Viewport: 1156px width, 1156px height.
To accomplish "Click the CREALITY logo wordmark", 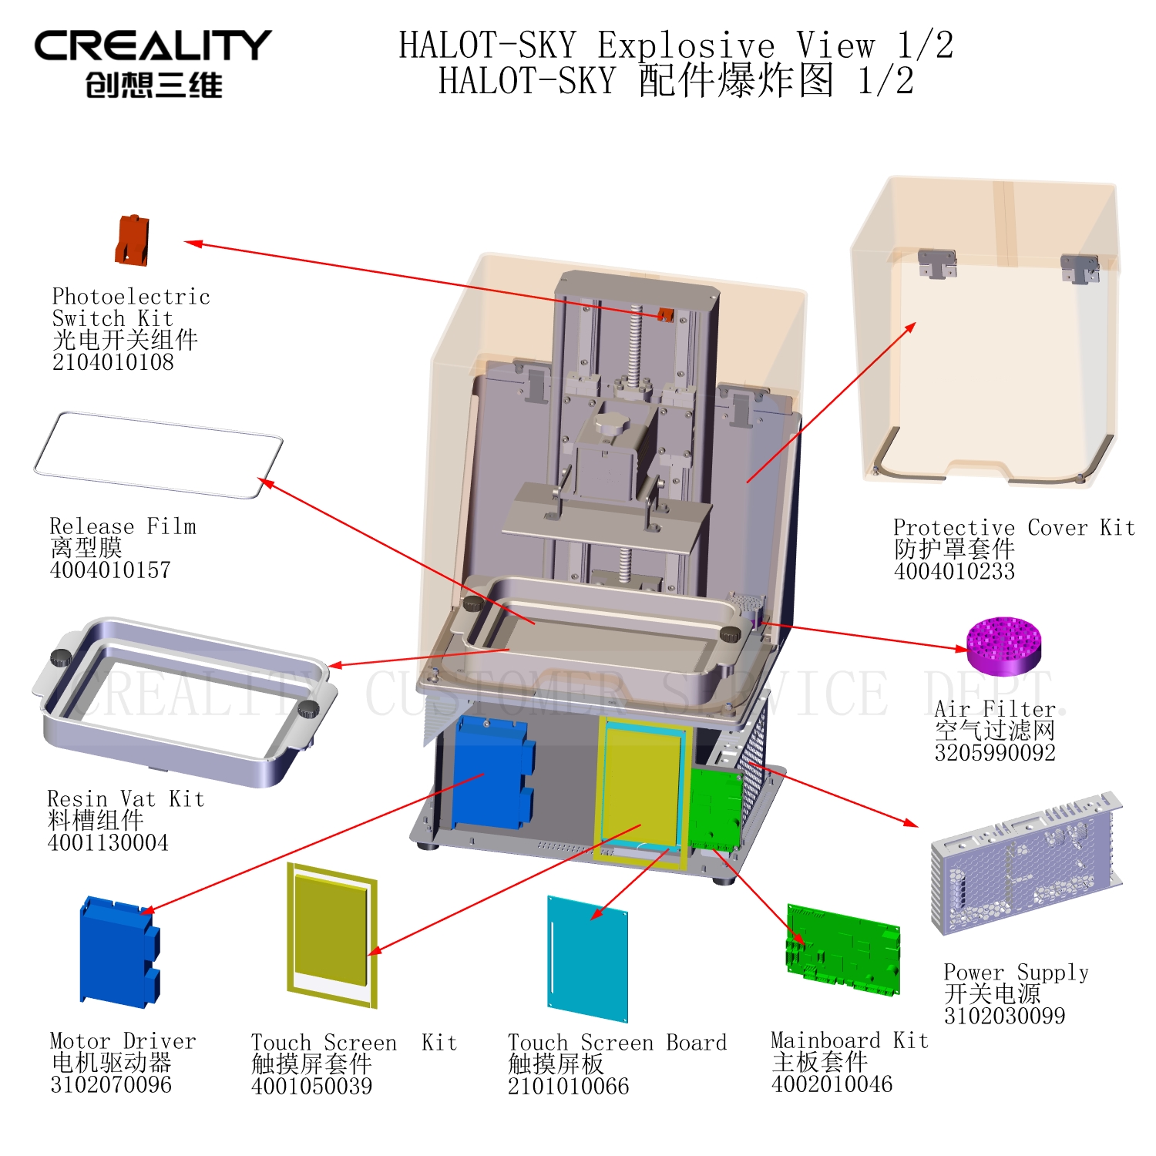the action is click(153, 46).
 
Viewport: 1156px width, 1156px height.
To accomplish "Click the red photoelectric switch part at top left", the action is click(132, 240).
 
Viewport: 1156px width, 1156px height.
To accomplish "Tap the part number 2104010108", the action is click(113, 362).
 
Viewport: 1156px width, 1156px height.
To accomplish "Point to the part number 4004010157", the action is click(110, 570).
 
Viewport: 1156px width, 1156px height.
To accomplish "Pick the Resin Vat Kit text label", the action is click(126, 798).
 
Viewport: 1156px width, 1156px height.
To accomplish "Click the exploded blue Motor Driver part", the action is click(119, 953).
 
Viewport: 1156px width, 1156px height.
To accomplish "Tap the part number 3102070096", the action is click(111, 1085).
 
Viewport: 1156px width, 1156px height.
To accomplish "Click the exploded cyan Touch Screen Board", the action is click(587, 959).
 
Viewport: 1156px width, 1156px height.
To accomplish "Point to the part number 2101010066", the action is click(569, 1087).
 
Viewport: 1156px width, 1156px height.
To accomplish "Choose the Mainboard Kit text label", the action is click(850, 1040).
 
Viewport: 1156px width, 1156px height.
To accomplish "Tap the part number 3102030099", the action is click(1005, 1017).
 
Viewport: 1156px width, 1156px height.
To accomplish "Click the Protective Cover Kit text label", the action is click(1014, 528).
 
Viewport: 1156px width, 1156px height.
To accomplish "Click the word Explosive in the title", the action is click(686, 45).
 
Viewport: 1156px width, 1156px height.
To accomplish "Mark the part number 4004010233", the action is click(955, 572).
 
